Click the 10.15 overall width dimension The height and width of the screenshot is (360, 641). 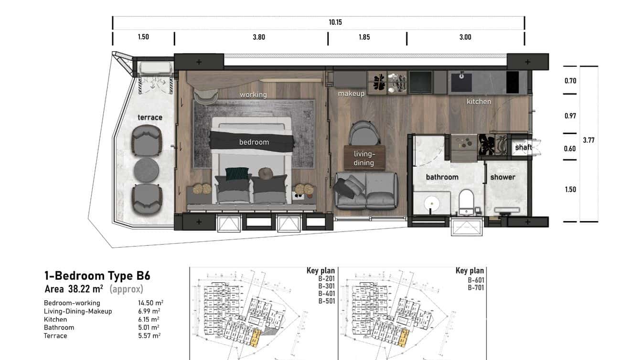click(335, 22)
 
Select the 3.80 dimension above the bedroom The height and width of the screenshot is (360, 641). click(259, 37)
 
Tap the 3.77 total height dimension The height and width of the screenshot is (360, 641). click(588, 140)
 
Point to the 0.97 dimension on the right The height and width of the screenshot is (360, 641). click(570, 116)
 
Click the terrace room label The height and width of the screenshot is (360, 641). click(150, 117)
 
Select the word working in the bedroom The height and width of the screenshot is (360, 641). click(253, 95)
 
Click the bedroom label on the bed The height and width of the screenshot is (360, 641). click(254, 142)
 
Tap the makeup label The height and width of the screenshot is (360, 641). click(351, 94)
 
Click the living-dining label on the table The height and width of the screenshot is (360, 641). click(364, 158)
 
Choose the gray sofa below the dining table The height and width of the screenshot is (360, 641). click(366, 191)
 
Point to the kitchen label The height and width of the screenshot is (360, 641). click(479, 101)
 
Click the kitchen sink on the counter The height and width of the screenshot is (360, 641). click(461, 82)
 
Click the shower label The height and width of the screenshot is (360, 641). click(502, 177)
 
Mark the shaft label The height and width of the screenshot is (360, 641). click(523, 148)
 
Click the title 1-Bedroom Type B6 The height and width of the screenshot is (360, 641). click(97, 275)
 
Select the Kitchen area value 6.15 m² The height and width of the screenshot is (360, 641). click(149, 319)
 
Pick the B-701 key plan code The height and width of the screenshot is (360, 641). click(476, 288)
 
